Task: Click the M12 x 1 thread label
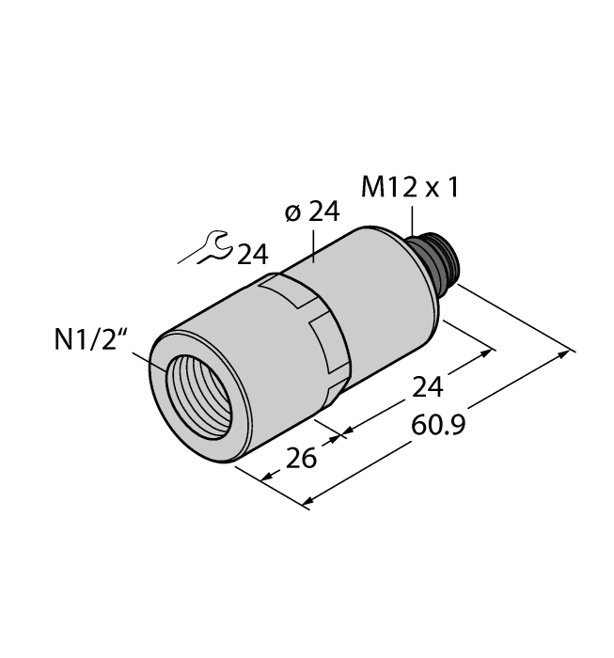(x=410, y=188)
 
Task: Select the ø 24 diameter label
(x=310, y=212)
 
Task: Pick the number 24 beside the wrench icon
(x=251, y=255)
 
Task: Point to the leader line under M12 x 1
(x=411, y=220)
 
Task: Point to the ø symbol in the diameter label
(x=290, y=213)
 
